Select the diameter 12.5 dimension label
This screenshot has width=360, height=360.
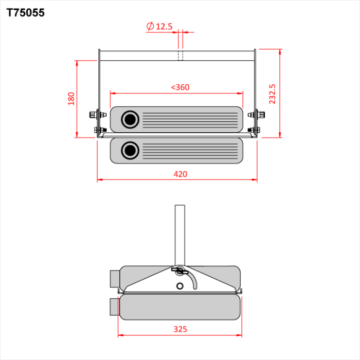click(159, 26)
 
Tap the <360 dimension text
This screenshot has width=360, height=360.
click(180, 87)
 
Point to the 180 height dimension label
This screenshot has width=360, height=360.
click(71, 98)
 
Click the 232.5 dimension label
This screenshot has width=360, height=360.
click(273, 94)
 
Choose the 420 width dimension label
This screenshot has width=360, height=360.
click(180, 174)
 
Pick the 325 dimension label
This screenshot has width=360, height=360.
click(180, 329)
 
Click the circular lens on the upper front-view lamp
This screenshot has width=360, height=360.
click(130, 119)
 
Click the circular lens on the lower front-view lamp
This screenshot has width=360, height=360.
click(130, 151)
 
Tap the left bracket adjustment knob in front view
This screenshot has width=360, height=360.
click(94, 114)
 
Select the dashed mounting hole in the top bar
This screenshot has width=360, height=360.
click(181, 55)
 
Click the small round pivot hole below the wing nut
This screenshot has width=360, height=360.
click(179, 285)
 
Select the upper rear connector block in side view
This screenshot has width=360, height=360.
click(114, 279)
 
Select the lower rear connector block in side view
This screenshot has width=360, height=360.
click(114, 307)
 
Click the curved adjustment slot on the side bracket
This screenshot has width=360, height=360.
click(194, 280)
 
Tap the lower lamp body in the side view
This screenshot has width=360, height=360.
click(180, 307)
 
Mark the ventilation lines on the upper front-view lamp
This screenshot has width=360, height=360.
click(190, 120)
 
